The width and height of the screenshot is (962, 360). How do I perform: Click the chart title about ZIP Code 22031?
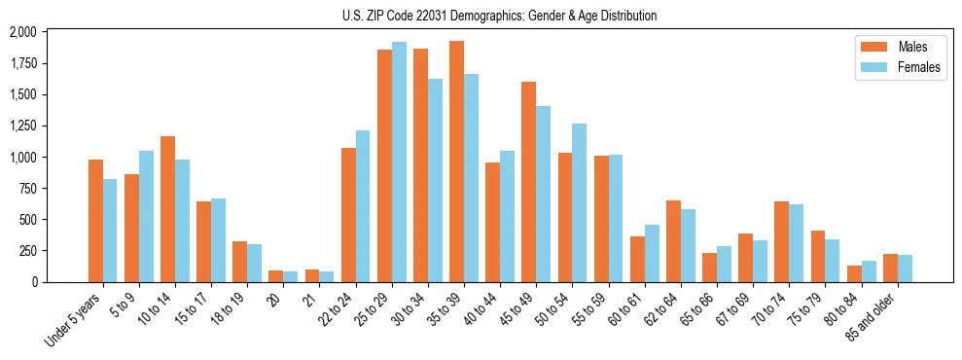[499, 16]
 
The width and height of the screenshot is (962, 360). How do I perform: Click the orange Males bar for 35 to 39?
[456, 162]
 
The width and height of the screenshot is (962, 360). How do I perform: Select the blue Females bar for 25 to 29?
[399, 162]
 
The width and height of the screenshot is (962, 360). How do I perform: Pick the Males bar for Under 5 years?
[95, 221]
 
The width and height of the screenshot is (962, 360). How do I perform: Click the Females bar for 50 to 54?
[580, 202]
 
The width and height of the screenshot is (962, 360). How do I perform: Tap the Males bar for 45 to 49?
[528, 182]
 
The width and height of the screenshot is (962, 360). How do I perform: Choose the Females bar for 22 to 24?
[363, 206]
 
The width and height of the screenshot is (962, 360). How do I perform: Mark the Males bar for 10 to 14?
[167, 209]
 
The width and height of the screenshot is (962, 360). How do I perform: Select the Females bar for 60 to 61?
[652, 254]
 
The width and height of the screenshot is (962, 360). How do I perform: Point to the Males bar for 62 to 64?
[673, 241]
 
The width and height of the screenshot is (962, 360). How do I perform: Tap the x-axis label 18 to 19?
[227, 308]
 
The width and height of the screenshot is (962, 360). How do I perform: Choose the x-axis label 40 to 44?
[480, 308]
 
